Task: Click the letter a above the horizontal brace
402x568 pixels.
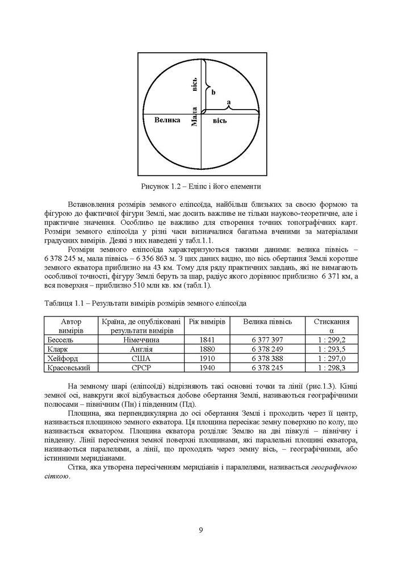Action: tap(228, 102)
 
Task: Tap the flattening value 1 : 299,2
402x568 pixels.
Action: tap(331, 339)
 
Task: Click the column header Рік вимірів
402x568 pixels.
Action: tap(207, 321)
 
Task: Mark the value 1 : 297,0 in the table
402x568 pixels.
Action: tap(331, 358)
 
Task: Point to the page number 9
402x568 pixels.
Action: tap(201, 531)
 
